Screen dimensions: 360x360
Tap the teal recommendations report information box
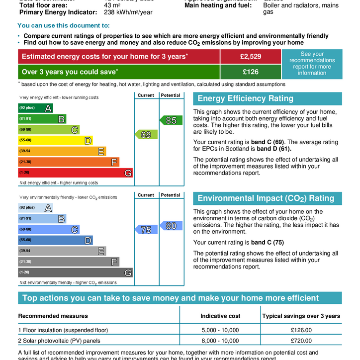click(312, 64)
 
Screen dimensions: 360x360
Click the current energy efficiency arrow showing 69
click(146, 134)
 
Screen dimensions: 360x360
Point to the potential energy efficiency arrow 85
click(171, 120)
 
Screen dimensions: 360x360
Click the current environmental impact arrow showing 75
click(146, 230)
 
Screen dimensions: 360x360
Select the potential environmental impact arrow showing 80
click(171, 226)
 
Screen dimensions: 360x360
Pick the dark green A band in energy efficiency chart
click(36, 108)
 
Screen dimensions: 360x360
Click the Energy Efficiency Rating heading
click(246, 98)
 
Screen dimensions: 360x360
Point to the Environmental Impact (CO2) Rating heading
click(266, 198)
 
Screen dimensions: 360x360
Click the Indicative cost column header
click(220, 316)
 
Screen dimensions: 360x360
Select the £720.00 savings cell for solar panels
click(301, 341)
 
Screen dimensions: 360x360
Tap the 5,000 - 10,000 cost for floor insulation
click(220, 330)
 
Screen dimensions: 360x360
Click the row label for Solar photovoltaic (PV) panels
click(59, 341)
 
